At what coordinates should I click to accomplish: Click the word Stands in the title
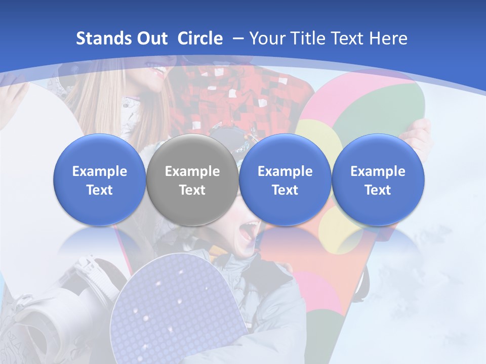coord(98,38)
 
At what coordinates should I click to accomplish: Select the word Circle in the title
coord(200,38)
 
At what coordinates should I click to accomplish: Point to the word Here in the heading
coord(388,38)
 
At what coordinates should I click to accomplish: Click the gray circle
coord(192,180)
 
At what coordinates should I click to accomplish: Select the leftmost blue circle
coord(100,180)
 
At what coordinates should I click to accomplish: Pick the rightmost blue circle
coord(378,180)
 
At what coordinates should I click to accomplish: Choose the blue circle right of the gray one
coord(285,180)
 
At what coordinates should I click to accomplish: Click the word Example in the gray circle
coord(192,171)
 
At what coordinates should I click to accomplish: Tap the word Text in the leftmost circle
coord(100,190)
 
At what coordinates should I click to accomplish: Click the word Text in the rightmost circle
coord(378,190)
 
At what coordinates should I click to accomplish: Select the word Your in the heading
coord(266,38)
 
